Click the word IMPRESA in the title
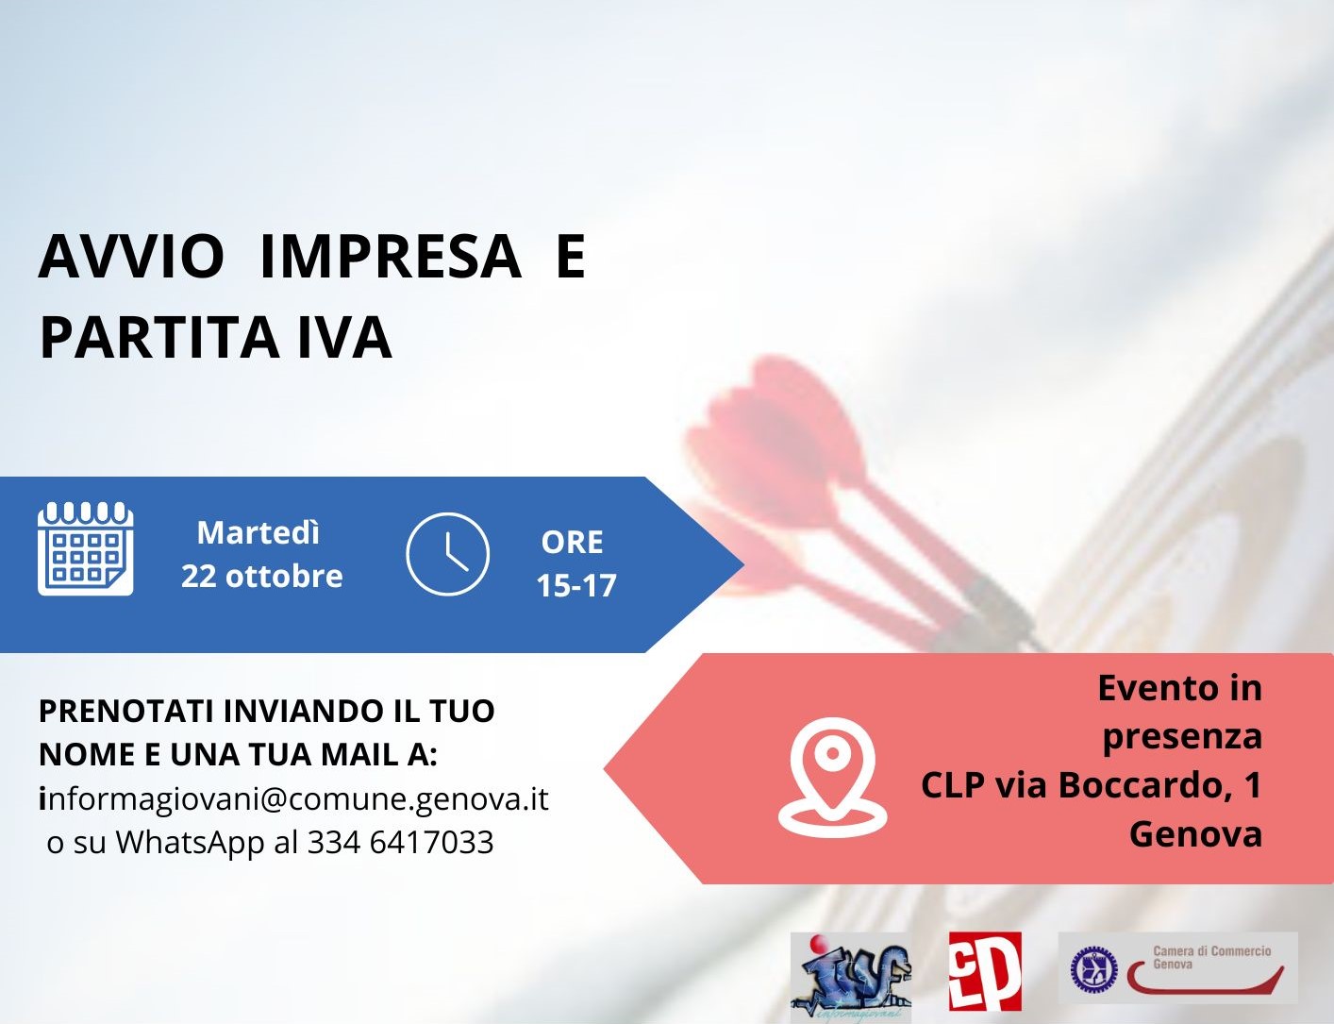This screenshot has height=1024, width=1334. click(390, 257)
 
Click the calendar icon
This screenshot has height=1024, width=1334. click(86, 548)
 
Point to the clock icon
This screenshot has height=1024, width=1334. click(447, 554)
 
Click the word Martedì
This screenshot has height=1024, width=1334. click(258, 533)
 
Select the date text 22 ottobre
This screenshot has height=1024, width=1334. click(262, 576)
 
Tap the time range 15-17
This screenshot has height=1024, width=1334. click(576, 586)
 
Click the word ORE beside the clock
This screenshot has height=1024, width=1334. click(572, 543)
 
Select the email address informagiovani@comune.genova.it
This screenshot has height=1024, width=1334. click(293, 798)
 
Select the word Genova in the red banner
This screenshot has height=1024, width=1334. click(1195, 834)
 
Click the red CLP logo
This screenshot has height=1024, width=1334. click(985, 971)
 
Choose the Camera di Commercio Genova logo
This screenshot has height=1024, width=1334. click(1177, 967)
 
